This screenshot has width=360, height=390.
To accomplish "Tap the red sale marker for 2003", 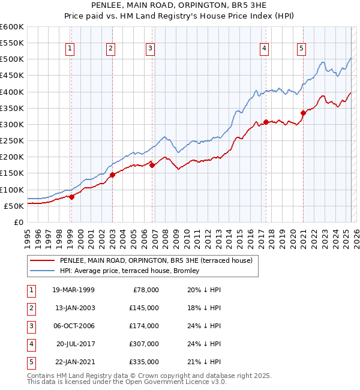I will point(112,175).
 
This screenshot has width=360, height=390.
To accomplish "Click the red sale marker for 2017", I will point(265,122).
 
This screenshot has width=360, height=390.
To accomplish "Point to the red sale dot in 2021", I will point(303,113).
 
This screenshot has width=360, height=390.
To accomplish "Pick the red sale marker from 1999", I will point(71,197).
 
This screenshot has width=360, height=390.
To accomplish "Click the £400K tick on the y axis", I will point(12,92).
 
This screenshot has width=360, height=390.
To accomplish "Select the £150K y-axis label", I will point(12,173).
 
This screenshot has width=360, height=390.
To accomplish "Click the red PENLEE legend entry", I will point(158,261).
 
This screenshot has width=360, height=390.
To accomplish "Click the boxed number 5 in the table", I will point(30,362).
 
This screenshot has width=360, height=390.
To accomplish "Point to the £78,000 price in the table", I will point(144,290).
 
